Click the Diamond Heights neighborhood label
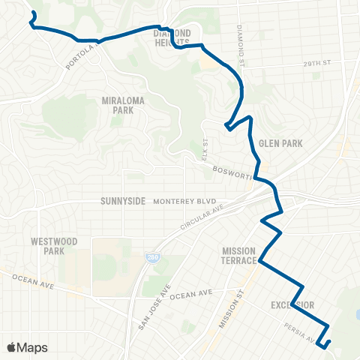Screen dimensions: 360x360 click(x=172, y=37)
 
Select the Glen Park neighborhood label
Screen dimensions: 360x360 click(x=274, y=142)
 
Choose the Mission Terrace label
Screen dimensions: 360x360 click(x=239, y=255)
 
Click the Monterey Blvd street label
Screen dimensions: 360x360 click(x=184, y=202)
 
